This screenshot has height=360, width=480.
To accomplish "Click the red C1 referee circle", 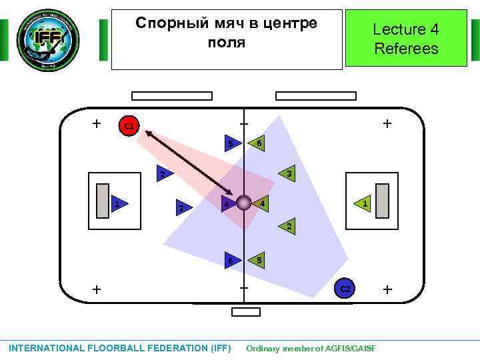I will point(129,125).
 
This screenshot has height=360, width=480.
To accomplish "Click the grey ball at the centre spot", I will point(244,203).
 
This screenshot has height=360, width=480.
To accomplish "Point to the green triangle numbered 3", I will point(287,174).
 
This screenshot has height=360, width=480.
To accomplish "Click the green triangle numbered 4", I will point(261,203).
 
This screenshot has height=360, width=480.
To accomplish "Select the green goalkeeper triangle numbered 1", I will point(363,203).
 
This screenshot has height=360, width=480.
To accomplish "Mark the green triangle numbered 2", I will point(287,227).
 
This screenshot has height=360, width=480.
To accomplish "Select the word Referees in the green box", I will point(406,49).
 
